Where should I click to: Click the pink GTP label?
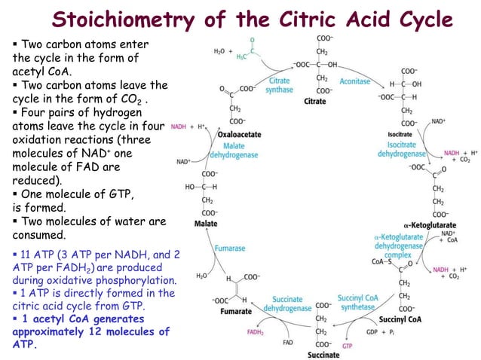pyautogui.click(x=348, y=346)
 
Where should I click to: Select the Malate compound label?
pyautogui.click(x=206, y=224)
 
